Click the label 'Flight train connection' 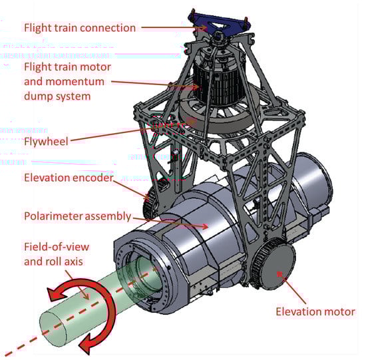[80, 28]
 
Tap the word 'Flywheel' [46, 142]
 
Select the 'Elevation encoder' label [69, 178]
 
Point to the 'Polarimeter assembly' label [77, 216]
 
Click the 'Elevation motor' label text [315, 312]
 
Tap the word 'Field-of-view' [57, 247]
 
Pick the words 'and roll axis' [53, 262]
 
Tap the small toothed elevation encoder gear [149, 204]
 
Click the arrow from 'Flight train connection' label [174, 27]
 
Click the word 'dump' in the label [35, 96]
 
